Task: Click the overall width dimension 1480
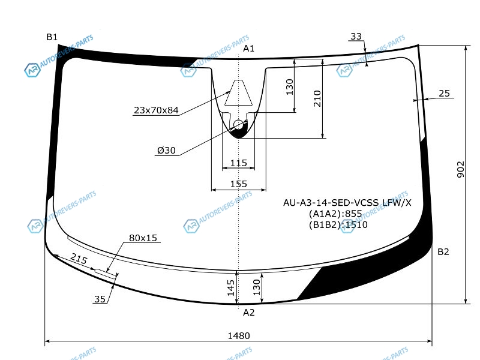point(239,336)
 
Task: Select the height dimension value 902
point(460,169)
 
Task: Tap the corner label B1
point(52,37)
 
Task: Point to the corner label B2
point(443,251)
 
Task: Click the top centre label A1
point(248,49)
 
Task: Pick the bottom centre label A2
point(248,312)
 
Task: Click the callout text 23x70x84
point(156,110)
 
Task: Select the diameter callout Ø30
point(166,151)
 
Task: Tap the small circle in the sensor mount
point(238,125)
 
